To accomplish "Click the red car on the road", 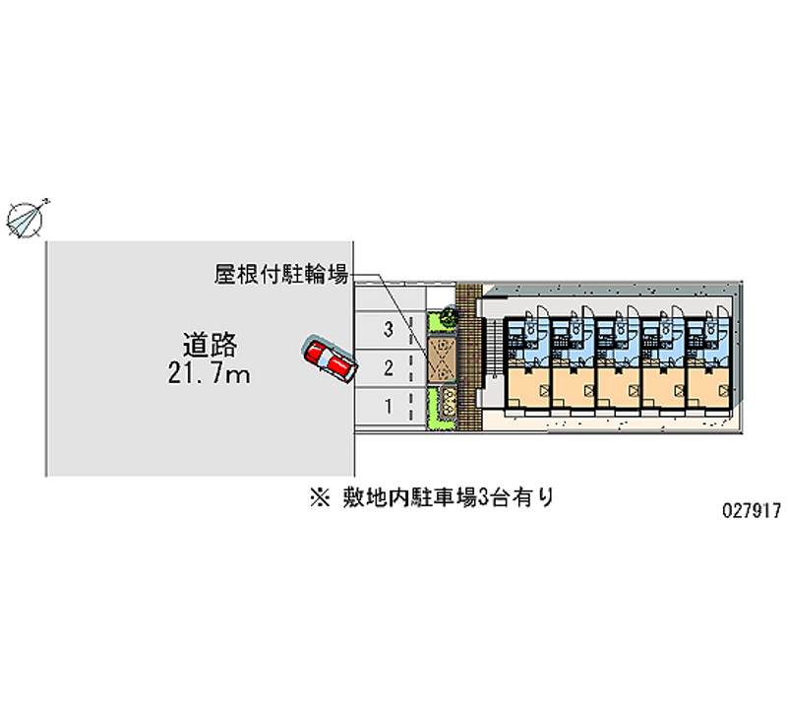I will (329, 358).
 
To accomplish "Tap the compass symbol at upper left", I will (27, 217).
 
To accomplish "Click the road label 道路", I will (210, 346).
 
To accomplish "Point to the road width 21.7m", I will (210, 374).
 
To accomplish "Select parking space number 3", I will (389, 330).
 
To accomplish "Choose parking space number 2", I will (389, 368).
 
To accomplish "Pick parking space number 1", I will (389, 406).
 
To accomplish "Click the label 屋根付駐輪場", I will (280, 274).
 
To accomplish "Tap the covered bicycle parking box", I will (439, 359).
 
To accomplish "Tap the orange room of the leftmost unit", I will (527, 386).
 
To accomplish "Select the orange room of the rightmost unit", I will (709, 386).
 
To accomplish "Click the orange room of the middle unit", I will (618, 386).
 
